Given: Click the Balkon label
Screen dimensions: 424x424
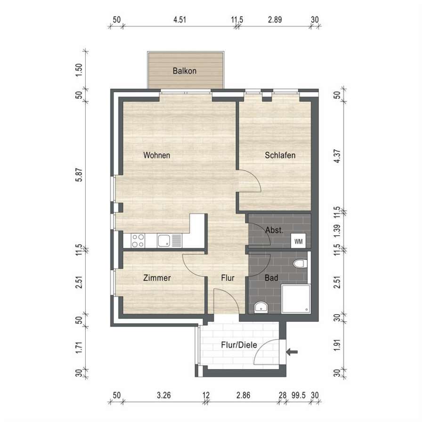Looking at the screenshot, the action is point(184,71).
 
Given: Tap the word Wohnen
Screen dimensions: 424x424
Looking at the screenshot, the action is point(156,155).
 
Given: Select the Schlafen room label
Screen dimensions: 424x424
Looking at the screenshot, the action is point(280,155).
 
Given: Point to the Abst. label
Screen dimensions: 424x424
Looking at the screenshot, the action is point(274,230).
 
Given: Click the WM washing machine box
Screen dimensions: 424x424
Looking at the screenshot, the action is point(298,241).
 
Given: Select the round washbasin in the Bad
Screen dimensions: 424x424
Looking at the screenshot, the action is point(261,307).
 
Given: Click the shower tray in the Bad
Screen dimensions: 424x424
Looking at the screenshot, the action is point(296,299).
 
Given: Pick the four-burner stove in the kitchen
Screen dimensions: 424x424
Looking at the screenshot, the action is point(138,241).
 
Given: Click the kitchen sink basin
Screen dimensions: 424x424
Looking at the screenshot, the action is point(164,241).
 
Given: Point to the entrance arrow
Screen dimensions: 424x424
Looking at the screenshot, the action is point(292,352).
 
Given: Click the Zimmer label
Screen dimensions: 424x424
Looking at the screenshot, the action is point(157,277).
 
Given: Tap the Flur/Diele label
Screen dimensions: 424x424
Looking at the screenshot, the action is point(239,345).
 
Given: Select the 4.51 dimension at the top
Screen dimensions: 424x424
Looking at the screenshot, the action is point(179,19).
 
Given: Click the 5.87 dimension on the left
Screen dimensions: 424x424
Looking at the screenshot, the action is point(79,175).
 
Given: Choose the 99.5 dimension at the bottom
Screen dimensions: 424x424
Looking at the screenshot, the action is point(298,395).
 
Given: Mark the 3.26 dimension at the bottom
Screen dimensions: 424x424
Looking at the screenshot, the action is point(163,395).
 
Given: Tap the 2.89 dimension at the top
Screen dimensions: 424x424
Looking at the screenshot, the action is point(275,19).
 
